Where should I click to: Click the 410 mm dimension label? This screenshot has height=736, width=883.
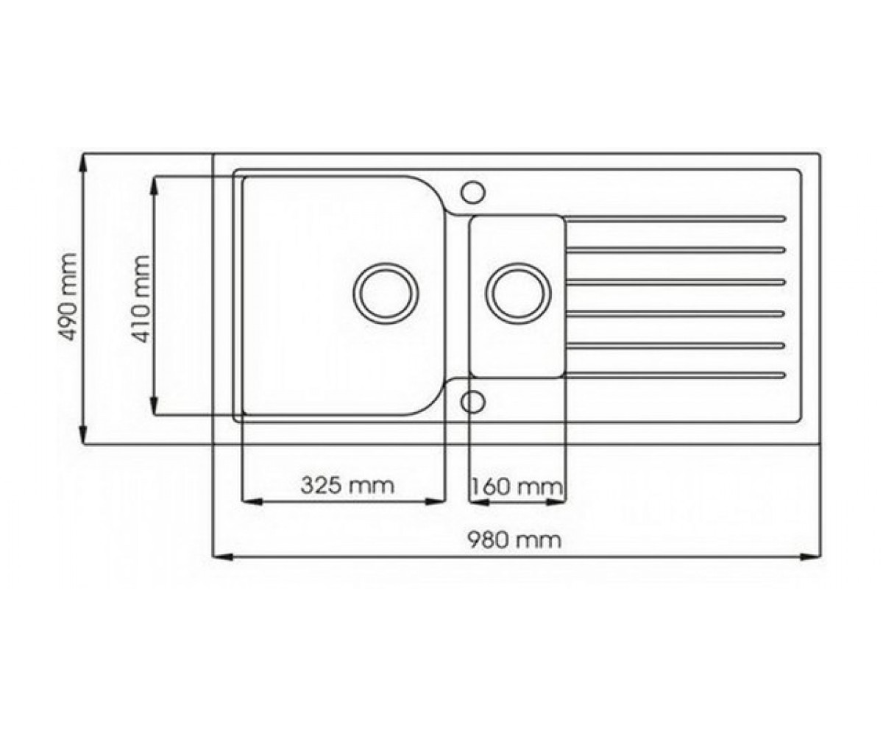[x=140, y=299]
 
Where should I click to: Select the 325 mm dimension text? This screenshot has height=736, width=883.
[x=347, y=485]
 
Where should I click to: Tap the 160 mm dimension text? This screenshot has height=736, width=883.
[x=517, y=486]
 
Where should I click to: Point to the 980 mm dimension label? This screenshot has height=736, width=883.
[x=514, y=540]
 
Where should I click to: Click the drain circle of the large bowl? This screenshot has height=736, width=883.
[x=386, y=294]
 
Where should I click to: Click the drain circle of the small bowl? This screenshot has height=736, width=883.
[x=518, y=294]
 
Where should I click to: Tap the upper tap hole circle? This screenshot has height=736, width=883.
[x=472, y=192]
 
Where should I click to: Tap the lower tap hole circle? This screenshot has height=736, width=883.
[x=472, y=401]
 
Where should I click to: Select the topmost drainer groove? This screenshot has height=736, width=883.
[x=675, y=219]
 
